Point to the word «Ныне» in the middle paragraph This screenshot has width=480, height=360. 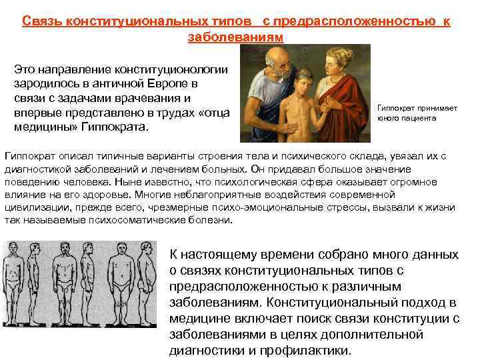[x=129, y=182]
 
